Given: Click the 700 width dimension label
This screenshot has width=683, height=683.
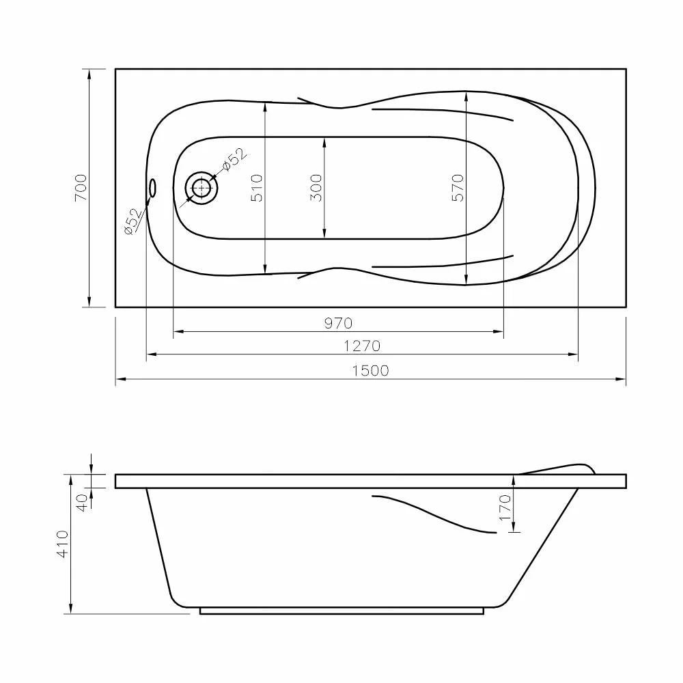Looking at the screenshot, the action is coord(81,188).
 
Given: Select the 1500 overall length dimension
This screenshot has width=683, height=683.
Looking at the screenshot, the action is coord(370,371).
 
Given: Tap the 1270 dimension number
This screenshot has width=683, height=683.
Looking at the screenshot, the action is coord(362,346).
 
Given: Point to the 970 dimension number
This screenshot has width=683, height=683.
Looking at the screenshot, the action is coord(339,323).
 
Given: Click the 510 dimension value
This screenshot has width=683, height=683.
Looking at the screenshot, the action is coord(257,188).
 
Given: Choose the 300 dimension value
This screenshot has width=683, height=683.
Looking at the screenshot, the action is coord(316,188).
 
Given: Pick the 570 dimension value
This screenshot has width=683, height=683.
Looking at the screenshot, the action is coord(458,188).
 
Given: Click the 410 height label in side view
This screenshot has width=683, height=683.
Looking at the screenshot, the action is coord(63,544).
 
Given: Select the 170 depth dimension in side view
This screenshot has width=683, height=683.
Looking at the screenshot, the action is coord(505,507).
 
